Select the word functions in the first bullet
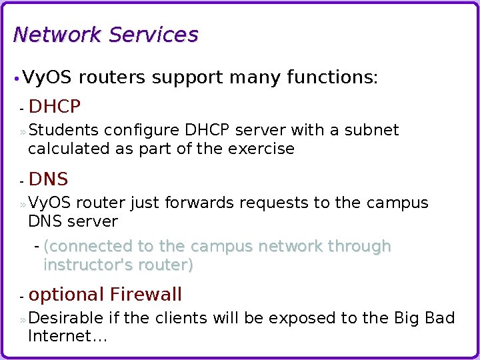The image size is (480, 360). click(331, 78)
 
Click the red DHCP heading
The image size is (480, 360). click(55, 107)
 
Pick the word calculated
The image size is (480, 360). click(69, 149)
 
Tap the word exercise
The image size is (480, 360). click(261, 149)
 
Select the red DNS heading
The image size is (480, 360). click(48, 179)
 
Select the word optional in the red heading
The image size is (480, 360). click(67, 295)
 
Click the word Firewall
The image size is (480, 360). click(146, 295)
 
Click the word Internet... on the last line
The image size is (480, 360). click(67, 337)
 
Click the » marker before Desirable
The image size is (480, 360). click(23, 319)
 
